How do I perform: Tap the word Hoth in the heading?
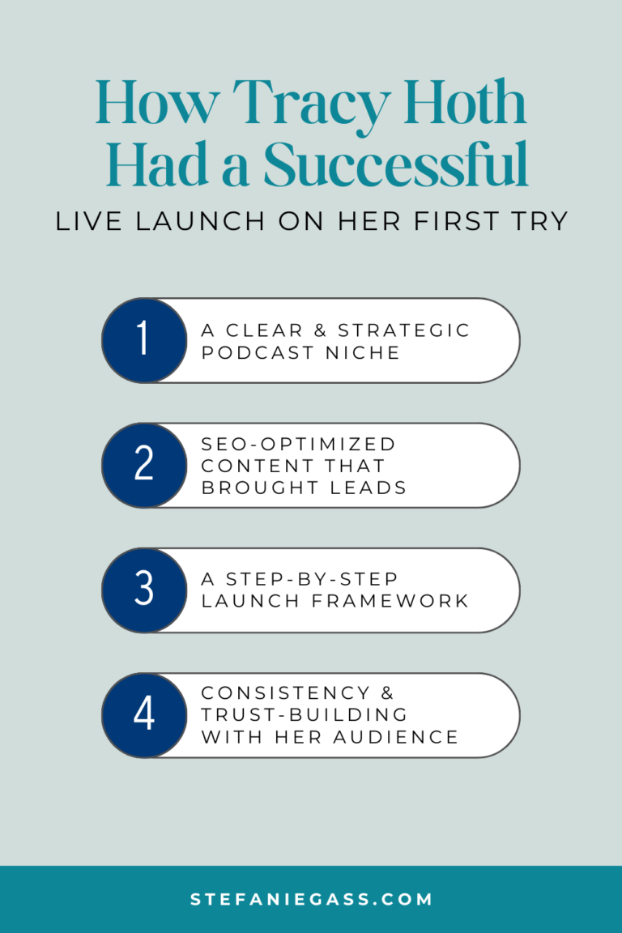[462, 104]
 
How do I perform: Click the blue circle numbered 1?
[143, 340]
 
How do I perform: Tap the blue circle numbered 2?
[143, 465]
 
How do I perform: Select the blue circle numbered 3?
[143, 590]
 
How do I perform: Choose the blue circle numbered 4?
[143, 715]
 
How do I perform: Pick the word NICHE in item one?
[369, 352]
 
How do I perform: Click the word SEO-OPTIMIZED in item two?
[299, 444]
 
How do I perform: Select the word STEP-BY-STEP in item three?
[310, 580]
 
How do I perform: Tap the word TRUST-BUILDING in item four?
[305, 715]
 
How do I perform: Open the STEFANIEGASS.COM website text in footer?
[311, 899]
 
